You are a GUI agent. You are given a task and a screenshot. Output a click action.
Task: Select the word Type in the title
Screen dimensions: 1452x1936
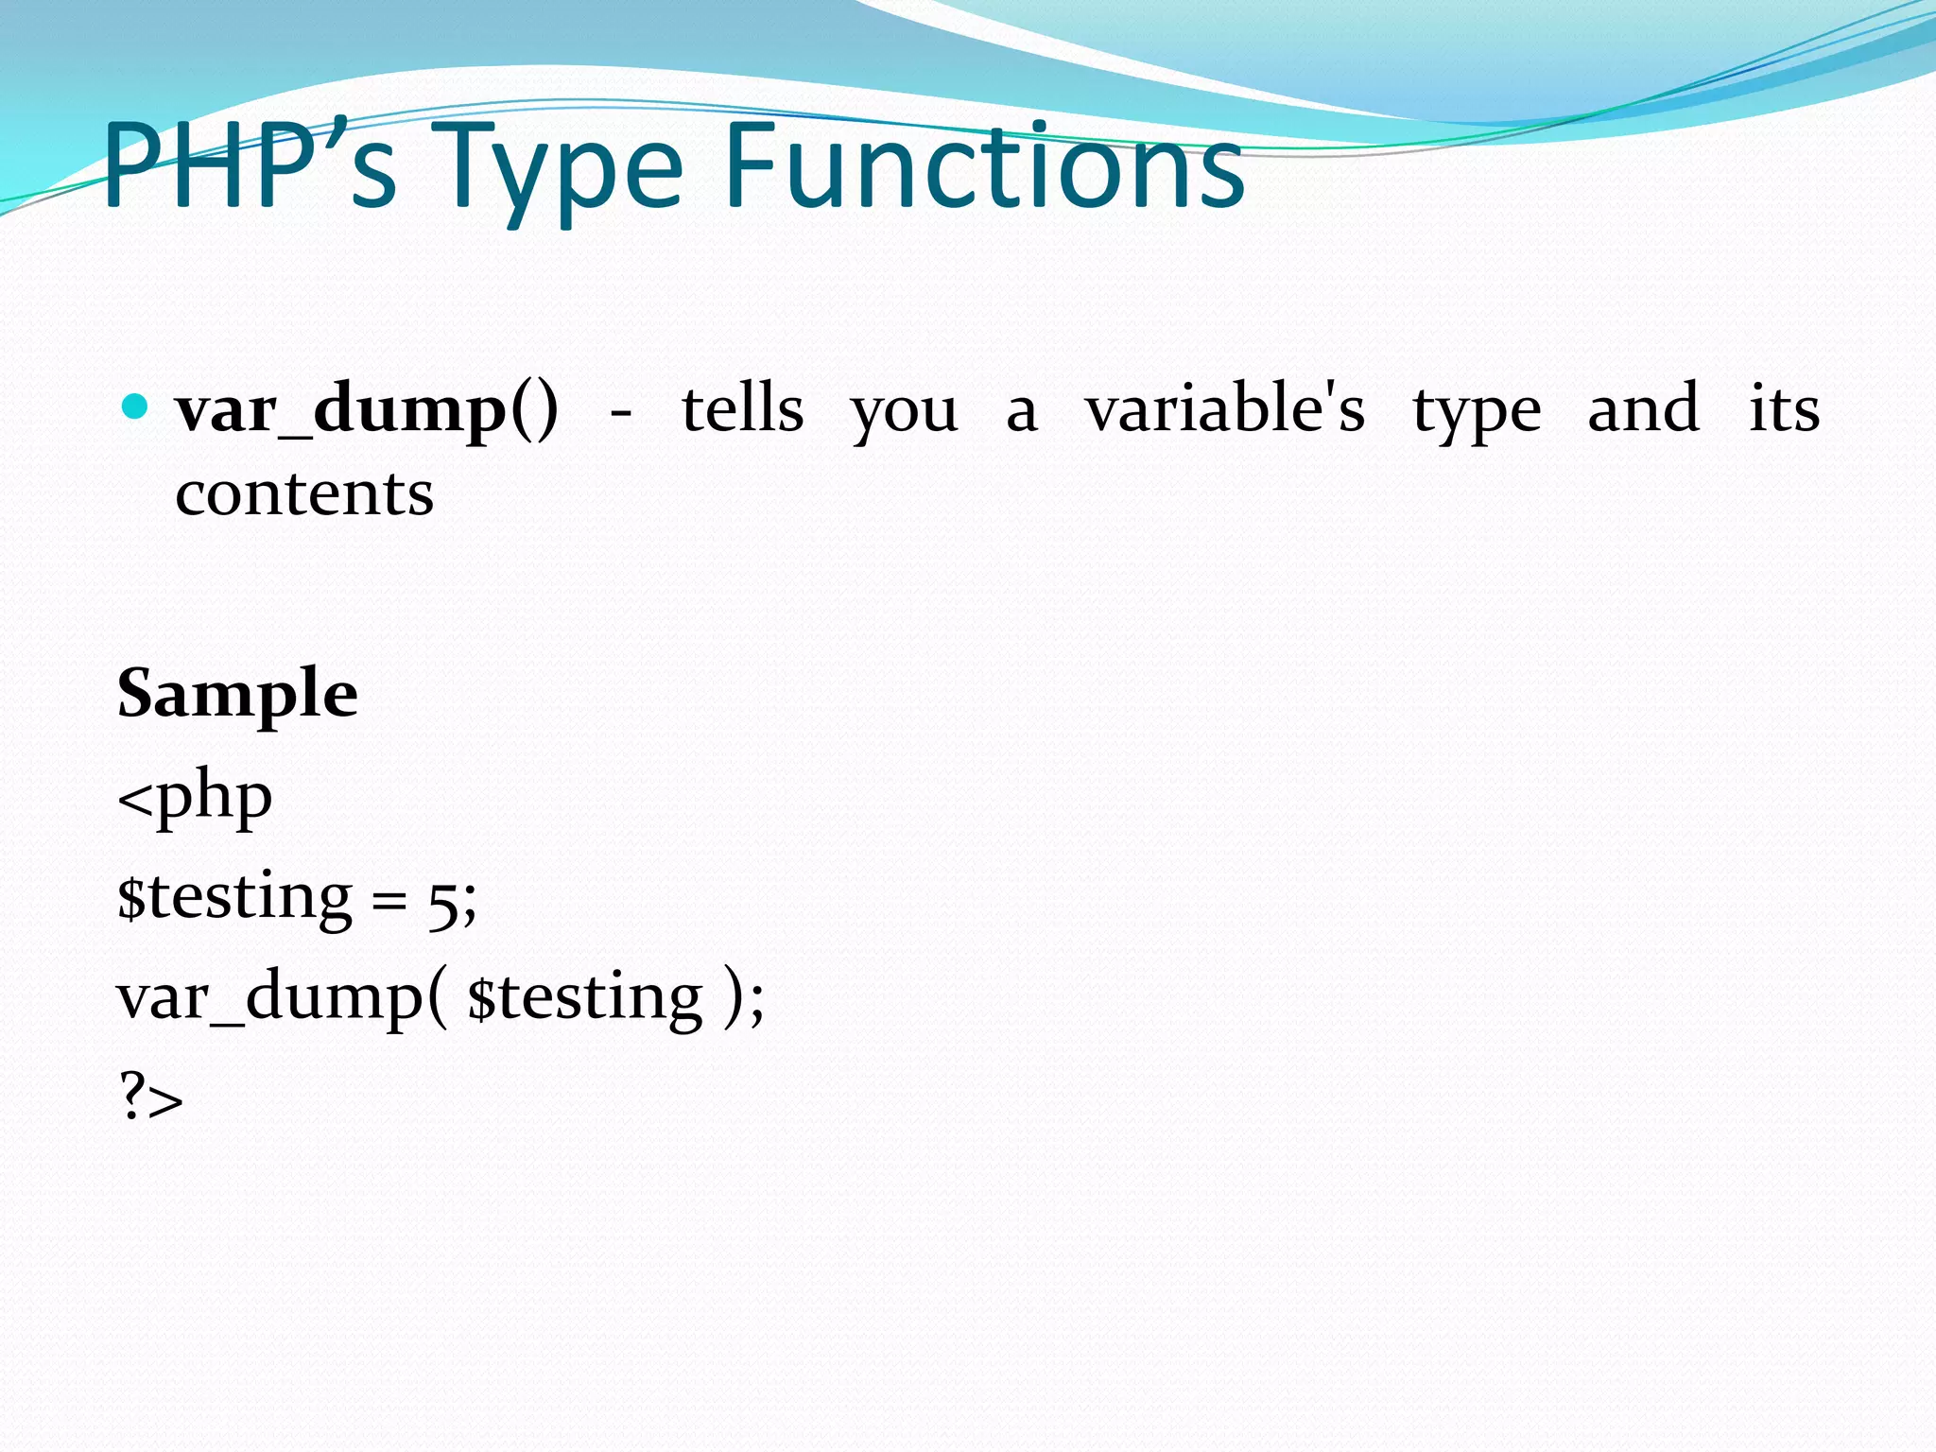point(562,170)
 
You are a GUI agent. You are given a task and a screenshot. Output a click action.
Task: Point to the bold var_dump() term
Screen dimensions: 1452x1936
point(367,410)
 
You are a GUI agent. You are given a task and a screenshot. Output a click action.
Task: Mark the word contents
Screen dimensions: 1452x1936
point(304,493)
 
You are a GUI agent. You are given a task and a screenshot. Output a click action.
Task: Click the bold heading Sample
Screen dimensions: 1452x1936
point(237,694)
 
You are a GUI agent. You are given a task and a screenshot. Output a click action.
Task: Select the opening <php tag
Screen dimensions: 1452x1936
point(196,798)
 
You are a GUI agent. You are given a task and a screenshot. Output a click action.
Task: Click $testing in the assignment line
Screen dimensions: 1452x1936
point(234,898)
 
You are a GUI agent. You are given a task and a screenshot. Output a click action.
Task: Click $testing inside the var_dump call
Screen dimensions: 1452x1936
point(586,998)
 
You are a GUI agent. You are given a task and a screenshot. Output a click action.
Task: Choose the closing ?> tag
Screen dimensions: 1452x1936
point(151,1097)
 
